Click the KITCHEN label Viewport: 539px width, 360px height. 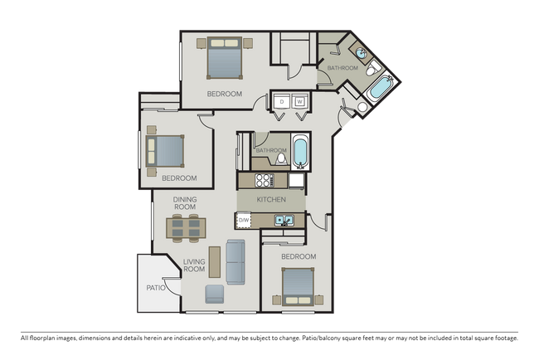coord(271,201)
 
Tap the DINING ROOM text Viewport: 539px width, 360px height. coord(185,204)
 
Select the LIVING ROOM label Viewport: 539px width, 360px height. coord(194,265)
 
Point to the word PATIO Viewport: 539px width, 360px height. coord(156,288)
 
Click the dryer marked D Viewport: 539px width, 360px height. coord(282,101)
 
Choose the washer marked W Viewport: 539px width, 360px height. coord(299,101)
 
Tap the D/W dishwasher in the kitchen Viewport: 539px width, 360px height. coord(244,220)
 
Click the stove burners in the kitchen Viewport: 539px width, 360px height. coord(264,179)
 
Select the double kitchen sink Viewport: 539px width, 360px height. coord(283,221)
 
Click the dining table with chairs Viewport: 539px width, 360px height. coord(185,226)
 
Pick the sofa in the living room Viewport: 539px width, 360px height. coord(236,262)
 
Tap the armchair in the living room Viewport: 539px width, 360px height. coord(214,293)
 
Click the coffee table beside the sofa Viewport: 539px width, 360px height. coord(215,260)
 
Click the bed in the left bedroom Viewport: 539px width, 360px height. coord(166,151)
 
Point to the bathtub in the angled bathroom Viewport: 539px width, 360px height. coord(381,87)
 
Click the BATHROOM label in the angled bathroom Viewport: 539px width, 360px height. coord(342,68)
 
